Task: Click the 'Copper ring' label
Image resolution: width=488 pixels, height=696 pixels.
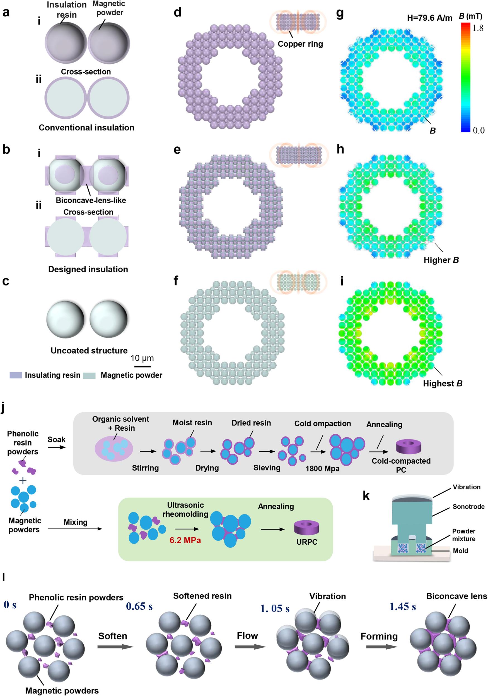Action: coord(300,44)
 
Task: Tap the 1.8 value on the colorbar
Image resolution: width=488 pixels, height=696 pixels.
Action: coord(478,28)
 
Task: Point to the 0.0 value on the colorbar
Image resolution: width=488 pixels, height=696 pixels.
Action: coord(479,130)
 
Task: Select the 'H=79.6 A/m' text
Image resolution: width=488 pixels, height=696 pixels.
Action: coord(429,18)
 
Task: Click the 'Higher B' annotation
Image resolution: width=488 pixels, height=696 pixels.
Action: coord(441,260)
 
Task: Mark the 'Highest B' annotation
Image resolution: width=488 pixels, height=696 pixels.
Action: coord(442,383)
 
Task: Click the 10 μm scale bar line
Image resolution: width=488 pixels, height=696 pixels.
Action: coord(142,366)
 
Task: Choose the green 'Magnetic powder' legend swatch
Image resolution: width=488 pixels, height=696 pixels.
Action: coord(89,376)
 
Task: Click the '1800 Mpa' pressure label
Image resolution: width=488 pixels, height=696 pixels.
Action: coord(322,469)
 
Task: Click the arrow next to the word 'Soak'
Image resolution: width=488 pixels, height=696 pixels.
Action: coord(57,447)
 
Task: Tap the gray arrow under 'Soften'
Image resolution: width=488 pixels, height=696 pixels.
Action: coord(115,647)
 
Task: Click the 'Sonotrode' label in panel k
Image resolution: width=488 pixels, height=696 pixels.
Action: coord(468,507)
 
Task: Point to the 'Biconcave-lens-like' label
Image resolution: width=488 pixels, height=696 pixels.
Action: coord(91,200)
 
